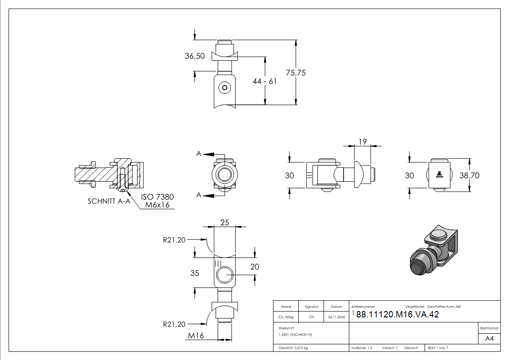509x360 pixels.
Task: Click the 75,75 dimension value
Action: click(296, 73)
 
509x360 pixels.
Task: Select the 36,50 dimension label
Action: click(194, 56)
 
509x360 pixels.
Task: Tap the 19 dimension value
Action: click(362, 142)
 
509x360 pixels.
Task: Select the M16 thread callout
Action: click(196, 336)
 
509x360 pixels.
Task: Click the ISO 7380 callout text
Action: click(157, 197)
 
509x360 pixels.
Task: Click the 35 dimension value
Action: click(194, 273)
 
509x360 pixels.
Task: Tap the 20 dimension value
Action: click(255, 267)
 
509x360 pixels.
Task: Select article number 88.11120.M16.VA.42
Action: click(398, 315)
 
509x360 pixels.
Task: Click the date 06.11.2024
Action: click(336, 317)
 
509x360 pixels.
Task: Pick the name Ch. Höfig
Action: click(286, 317)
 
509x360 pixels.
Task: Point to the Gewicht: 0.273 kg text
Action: click(293, 348)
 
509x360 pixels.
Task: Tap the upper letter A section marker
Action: click(199, 154)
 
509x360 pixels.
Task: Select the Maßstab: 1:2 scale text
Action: click(362, 348)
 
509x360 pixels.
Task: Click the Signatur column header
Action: click(311, 306)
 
